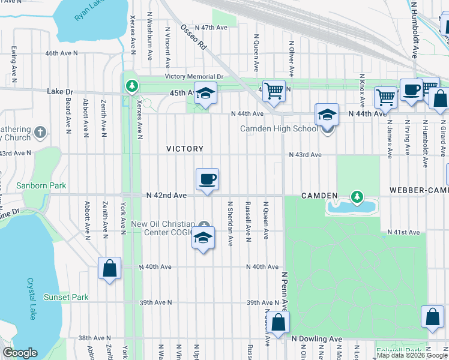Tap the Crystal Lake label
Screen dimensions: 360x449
(x=32, y=298)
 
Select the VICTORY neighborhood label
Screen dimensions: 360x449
(x=185, y=148)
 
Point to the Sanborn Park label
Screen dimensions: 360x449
(x=41, y=186)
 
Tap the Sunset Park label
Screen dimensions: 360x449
(x=66, y=297)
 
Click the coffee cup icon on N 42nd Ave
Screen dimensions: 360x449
(x=207, y=179)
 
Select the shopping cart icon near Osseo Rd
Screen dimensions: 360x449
(x=274, y=91)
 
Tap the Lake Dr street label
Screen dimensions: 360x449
(x=60, y=92)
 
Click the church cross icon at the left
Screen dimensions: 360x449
(x=40, y=131)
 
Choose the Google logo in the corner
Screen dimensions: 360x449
(x=20, y=353)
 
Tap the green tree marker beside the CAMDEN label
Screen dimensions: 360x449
(x=357, y=196)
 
